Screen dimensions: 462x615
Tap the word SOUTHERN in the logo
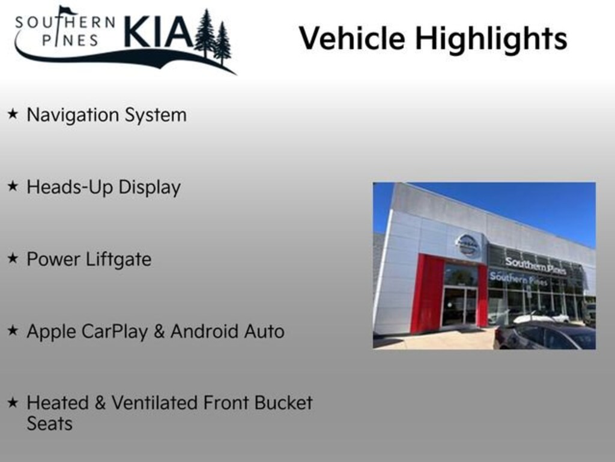(x=65, y=23)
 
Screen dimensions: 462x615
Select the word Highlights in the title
(x=491, y=38)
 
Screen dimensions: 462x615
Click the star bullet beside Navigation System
(x=13, y=114)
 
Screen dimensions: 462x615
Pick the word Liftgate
(x=118, y=260)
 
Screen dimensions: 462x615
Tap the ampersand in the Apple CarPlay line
(x=159, y=331)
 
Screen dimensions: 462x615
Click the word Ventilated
(x=157, y=403)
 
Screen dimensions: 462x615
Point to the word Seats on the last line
(x=49, y=423)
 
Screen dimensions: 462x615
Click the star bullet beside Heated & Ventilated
(x=13, y=402)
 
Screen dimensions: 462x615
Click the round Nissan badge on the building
(x=467, y=245)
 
